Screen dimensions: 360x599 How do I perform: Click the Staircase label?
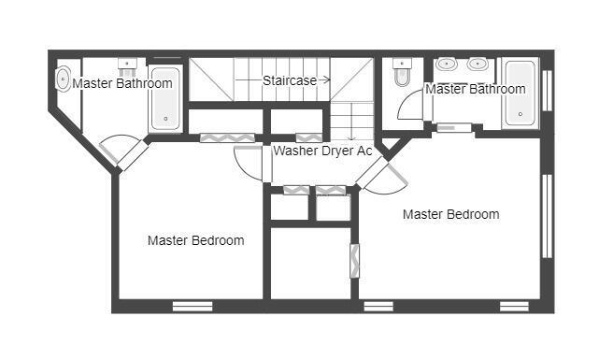click(x=289, y=80)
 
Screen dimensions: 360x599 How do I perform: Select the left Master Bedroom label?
click(x=196, y=240)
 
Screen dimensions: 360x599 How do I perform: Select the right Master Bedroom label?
click(x=450, y=214)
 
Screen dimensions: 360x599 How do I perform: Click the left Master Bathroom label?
click(x=122, y=83)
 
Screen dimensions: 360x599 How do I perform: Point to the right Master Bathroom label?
click(x=475, y=89)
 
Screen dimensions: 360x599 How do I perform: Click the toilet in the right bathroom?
click(x=403, y=73)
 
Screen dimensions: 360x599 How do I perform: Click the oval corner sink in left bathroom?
click(x=64, y=77)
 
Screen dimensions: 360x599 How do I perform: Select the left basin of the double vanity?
click(x=448, y=65)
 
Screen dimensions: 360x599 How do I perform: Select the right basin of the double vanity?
click(x=478, y=65)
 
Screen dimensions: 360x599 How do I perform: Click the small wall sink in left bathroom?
click(x=128, y=65)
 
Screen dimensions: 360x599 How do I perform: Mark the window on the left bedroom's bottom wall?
click(x=193, y=306)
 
